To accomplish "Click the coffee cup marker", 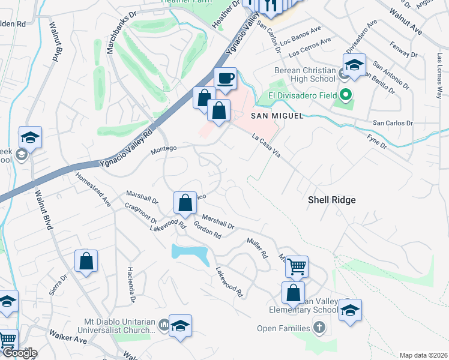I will tap(226, 79).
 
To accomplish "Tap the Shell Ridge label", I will tap(331, 200).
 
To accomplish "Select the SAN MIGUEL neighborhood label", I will tap(277, 115).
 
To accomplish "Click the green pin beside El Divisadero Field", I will tap(346, 95).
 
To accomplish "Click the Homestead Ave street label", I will tap(93, 190).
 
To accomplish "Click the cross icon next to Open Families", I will tap(320, 328).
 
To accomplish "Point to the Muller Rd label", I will tap(257, 247).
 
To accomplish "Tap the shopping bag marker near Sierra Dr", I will tap(86, 261).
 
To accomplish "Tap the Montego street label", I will tap(163, 148).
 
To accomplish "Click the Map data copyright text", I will tap(423, 355).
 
